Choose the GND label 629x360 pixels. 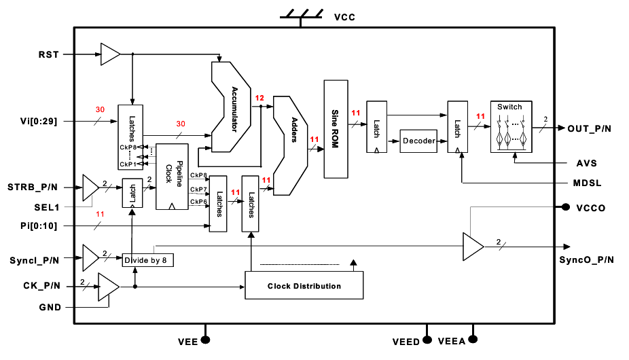tap(50, 307)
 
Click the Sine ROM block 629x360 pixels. tap(336, 129)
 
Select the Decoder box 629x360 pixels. tap(419, 141)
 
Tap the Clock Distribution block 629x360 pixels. tap(304, 286)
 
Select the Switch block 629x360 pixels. tap(511, 126)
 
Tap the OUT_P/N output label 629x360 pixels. tap(590, 128)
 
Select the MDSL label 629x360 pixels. tap(587, 183)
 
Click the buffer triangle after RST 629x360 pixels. tap(109, 54)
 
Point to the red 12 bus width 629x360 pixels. tap(259, 98)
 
